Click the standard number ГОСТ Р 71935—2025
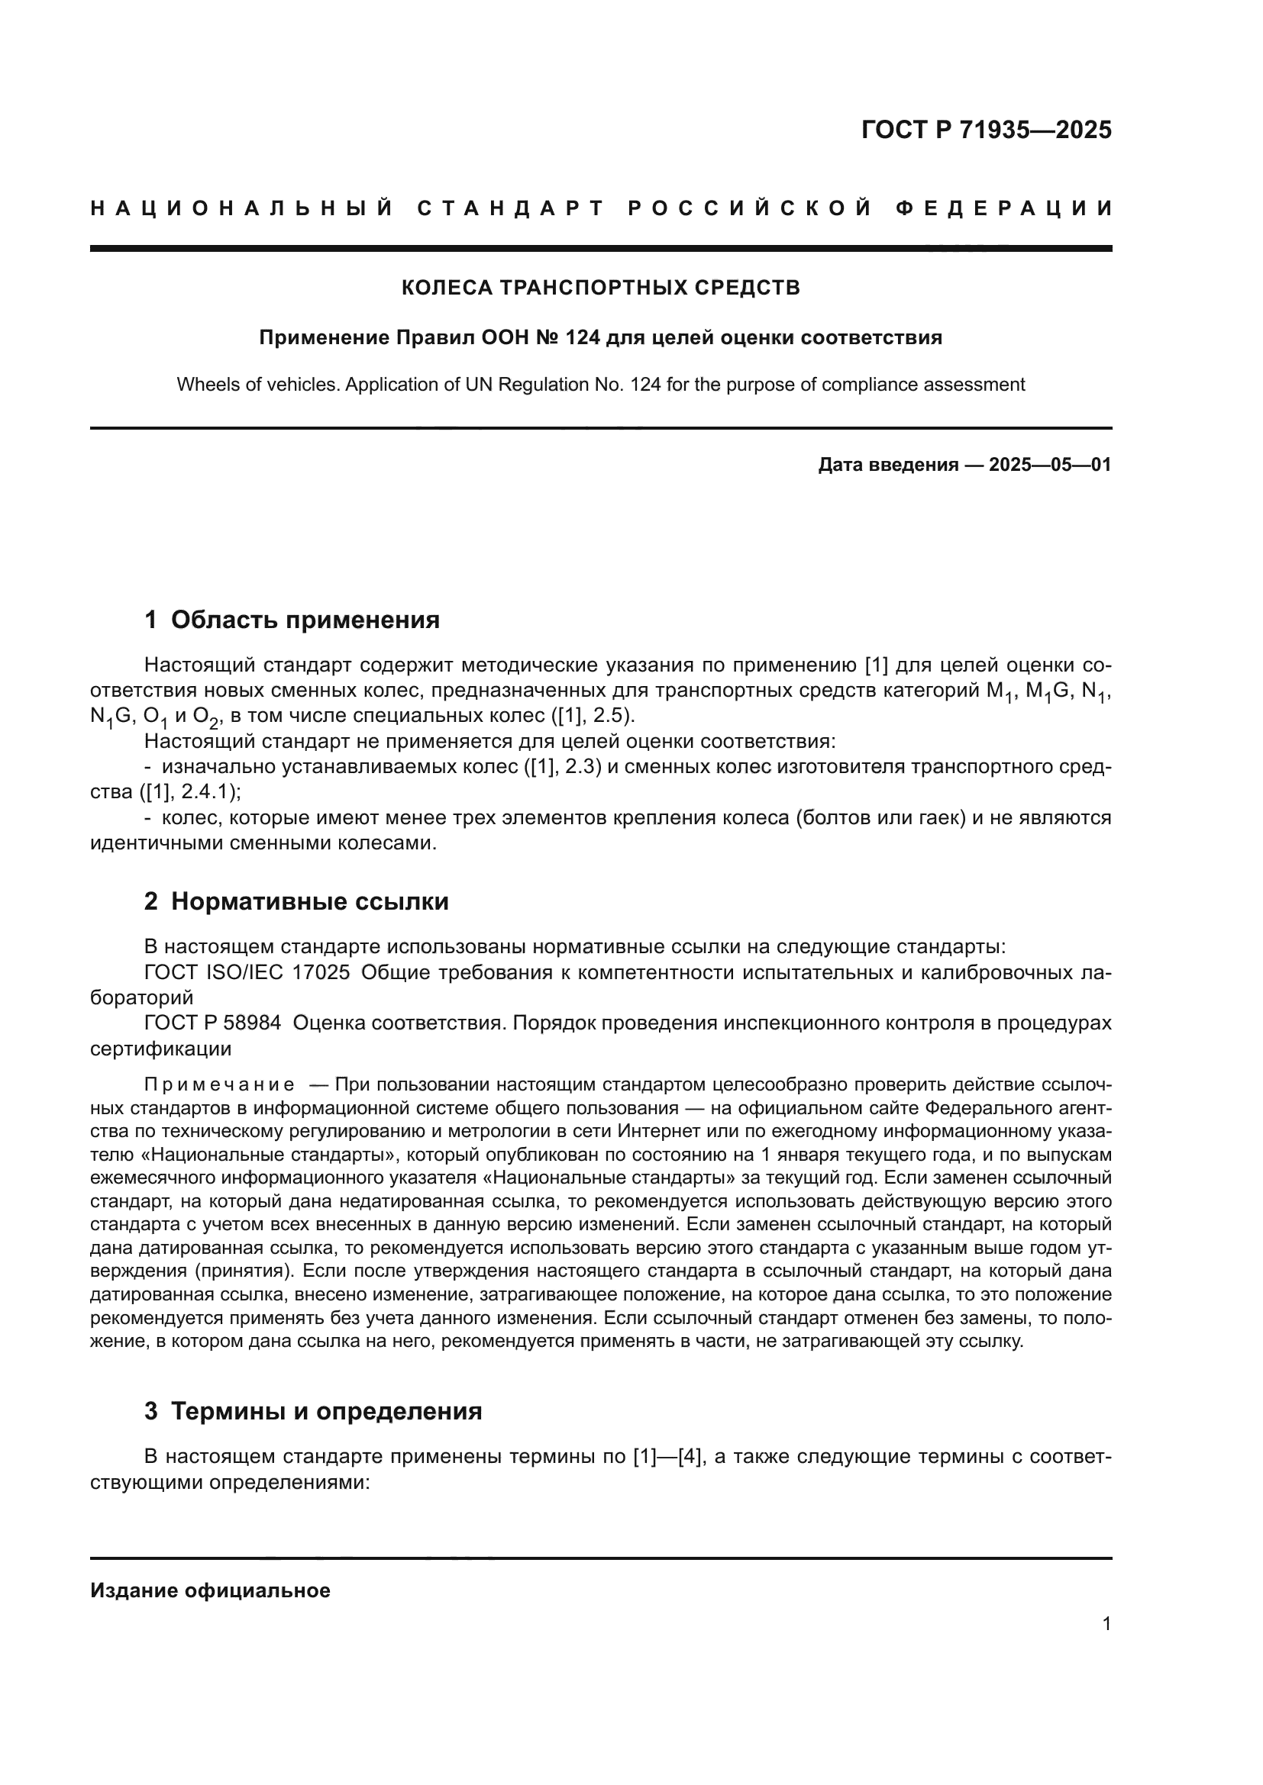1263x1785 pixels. click(x=986, y=130)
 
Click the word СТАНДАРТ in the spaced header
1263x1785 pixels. click(x=510, y=208)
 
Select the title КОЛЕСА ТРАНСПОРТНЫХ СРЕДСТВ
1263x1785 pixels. click(x=600, y=288)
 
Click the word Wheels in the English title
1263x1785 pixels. click(x=202, y=384)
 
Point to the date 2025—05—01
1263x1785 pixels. click(x=1050, y=465)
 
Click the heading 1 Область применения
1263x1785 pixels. click(x=292, y=620)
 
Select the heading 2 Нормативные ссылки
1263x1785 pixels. click(x=296, y=901)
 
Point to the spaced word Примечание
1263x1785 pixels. click(x=219, y=1084)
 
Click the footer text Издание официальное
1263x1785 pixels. click(x=210, y=1590)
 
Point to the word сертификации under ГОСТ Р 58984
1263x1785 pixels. click(x=161, y=1049)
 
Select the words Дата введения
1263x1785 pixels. click(x=888, y=465)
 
